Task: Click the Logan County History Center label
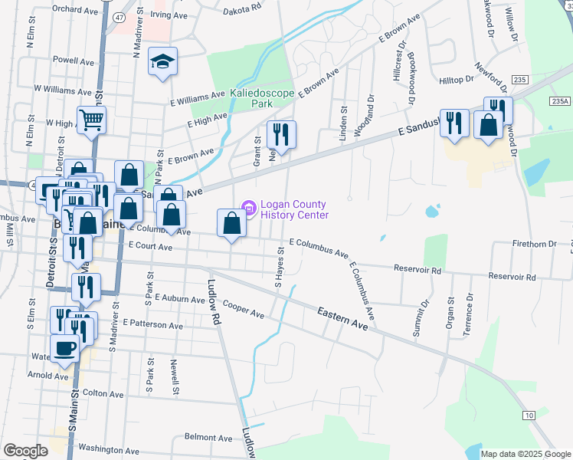pyautogui.click(x=294, y=209)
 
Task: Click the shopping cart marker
pyautogui.click(x=91, y=119)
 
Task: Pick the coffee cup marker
pyautogui.click(x=65, y=348)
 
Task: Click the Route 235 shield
pyautogui.click(x=520, y=79)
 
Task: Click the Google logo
pyautogui.click(x=26, y=451)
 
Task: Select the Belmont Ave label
pyautogui.click(x=208, y=438)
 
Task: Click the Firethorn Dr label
pyautogui.click(x=534, y=244)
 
